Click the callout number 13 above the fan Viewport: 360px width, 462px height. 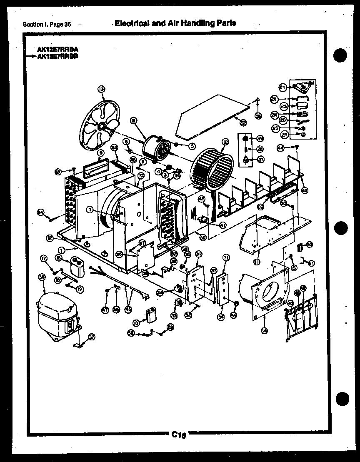coord(101,88)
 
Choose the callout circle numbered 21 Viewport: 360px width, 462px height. coord(283,87)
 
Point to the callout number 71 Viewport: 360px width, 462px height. coord(226,257)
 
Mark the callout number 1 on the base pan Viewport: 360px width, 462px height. coord(61,250)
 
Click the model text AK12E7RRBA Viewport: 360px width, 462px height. coord(57,48)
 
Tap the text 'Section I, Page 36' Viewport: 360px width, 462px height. coord(47,24)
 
